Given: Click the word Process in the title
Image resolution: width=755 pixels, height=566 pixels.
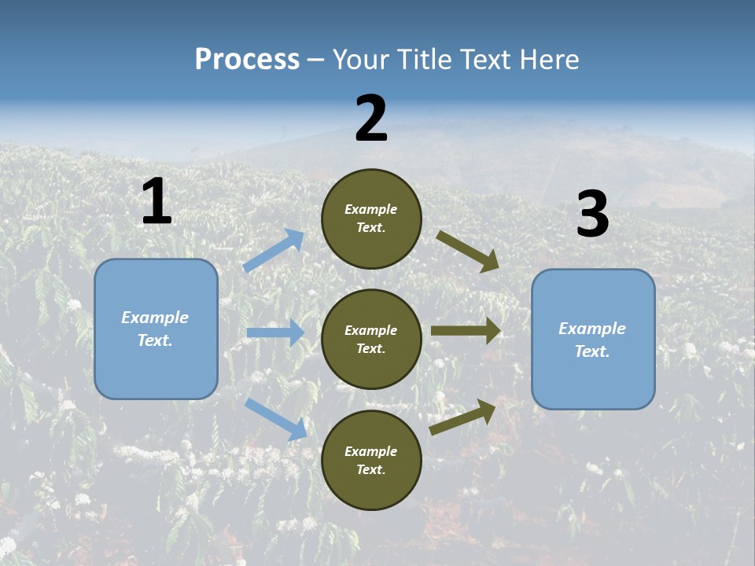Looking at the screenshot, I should tap(247, 60).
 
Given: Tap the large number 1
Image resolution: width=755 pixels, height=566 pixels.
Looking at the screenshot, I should tap(157, 202).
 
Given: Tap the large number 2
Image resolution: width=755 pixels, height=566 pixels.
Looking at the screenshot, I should tap(371, 119).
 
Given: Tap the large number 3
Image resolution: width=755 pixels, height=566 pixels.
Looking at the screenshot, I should tap(592, 215).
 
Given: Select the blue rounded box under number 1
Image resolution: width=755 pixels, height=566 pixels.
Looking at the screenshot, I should tap(156, 329).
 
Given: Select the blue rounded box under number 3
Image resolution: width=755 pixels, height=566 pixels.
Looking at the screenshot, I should tap(593, 340).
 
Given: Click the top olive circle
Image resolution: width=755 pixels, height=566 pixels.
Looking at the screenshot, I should tap(371, 219).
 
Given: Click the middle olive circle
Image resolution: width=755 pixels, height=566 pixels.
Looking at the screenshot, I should tap(371, 339).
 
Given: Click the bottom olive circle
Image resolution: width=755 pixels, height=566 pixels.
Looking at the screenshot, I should tap(371, 460).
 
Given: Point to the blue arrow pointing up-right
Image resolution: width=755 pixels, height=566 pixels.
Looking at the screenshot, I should tap(274, 251).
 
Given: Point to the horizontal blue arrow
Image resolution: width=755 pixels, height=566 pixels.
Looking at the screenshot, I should tap(275, 333).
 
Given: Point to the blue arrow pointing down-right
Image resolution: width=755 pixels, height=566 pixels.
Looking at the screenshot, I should tap(275, 419).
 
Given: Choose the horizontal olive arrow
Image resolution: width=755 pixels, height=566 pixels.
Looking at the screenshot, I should tap(466, 331).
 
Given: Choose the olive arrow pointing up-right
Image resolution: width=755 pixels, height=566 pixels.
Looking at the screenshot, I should tap(463, 417).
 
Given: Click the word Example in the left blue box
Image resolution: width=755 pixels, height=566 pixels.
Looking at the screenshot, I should tap(155, 318).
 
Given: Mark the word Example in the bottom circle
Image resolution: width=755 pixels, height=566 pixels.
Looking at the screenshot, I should tap(371, 451).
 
